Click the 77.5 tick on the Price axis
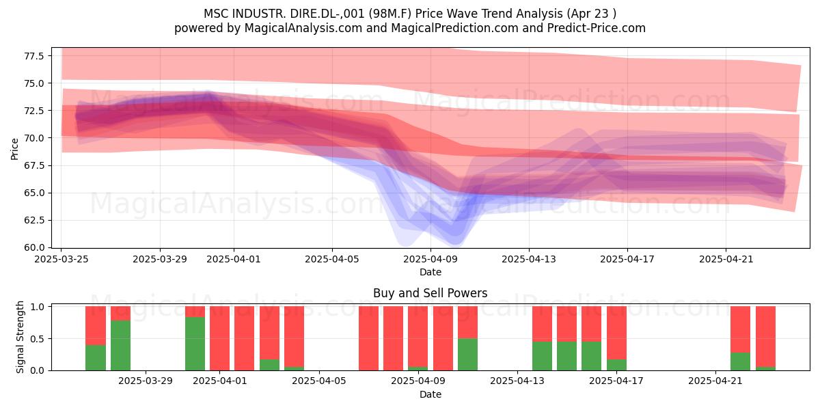click(x=34, y=56)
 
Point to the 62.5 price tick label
click(x=34, y=220)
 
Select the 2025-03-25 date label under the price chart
click(x=61, y=259)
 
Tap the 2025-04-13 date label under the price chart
click(x=529, y=259)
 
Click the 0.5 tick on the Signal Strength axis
click(x=38, y=339)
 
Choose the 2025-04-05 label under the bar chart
click(x=319, y=381)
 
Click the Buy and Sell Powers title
click(x=430, y=293)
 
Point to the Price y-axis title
click(x=14, y=149)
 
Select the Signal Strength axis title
click(x=20, y=337)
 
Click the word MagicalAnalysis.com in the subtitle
click(x=303, y=28)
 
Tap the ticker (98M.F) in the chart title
click(x=390, y=14)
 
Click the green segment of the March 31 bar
click(x=195, y=344)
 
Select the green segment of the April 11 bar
click(x=467, y=355)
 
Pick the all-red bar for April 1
click(x=219, y=338)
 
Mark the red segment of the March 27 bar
click(x=96, y=326)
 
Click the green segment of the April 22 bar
click(x=740, y=361)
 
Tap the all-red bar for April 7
click(x=368, y=338)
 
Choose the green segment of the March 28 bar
click(x=120, y=346)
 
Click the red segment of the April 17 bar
click(x=616, y=333)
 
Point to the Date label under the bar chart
click(x=430, y=394)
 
